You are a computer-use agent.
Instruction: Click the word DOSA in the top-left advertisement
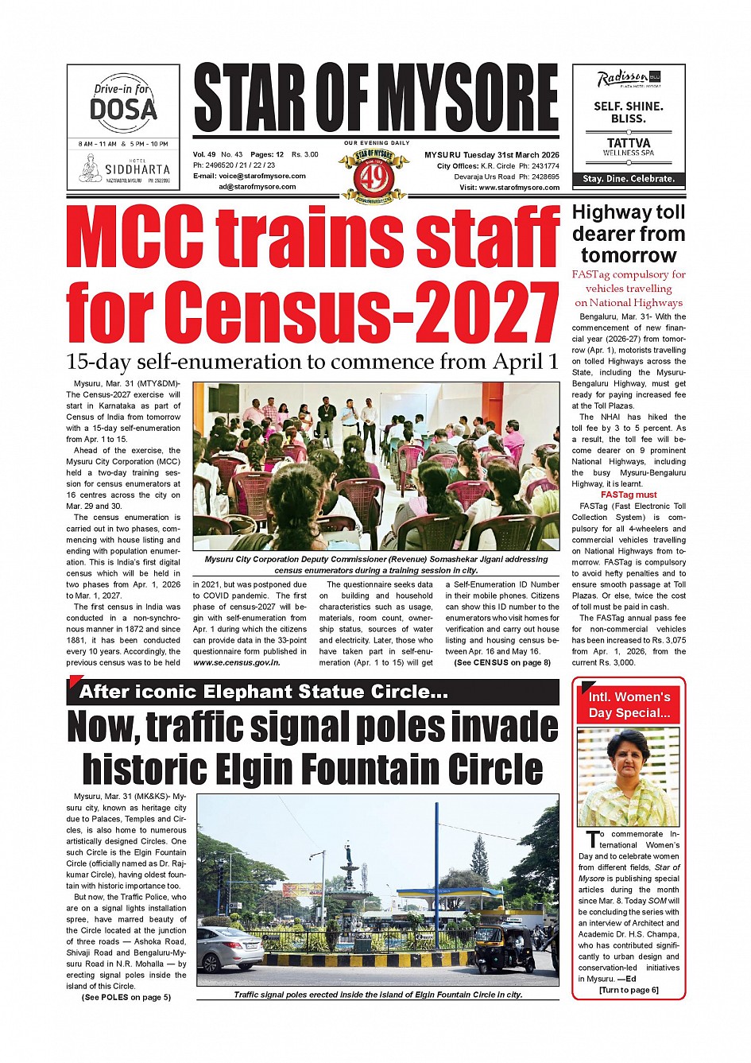[123, 109]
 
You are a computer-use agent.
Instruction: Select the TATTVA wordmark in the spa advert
[629, 143]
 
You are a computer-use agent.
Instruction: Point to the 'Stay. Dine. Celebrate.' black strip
[629, 179]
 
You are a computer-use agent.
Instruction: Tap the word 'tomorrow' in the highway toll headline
[629, 255]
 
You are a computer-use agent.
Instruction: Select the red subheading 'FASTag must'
[629, 495]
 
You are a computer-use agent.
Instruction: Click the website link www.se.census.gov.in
[236, 662]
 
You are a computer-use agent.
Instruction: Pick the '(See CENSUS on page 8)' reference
[502, 662]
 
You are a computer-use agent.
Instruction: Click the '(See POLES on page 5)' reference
[126, 997]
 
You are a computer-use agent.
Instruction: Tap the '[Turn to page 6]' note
[629, 990]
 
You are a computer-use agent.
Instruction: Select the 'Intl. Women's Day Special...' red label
[629, 705]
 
